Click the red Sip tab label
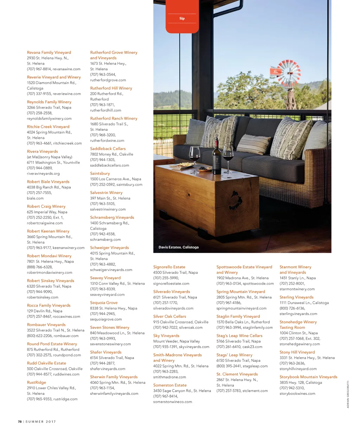(x=182, y=18)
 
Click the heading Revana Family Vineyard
(x=49, y=52)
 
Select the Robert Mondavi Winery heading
(x=49, y=256)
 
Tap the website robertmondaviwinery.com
(x=50, y=272)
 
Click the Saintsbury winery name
(x=100, y=173)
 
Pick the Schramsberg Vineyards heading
(x=112, y=217)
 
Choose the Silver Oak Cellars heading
(x=169, y=316)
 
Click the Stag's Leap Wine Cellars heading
(x=239, y=336)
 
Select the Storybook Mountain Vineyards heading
(x=308, y=377)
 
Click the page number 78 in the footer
(x=20, y=421)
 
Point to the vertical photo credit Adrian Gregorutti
(x=348, y=394)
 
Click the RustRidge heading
(x=37, y=382)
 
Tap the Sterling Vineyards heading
(x=296, y=297)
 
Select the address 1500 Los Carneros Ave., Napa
(x=116, y=179)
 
